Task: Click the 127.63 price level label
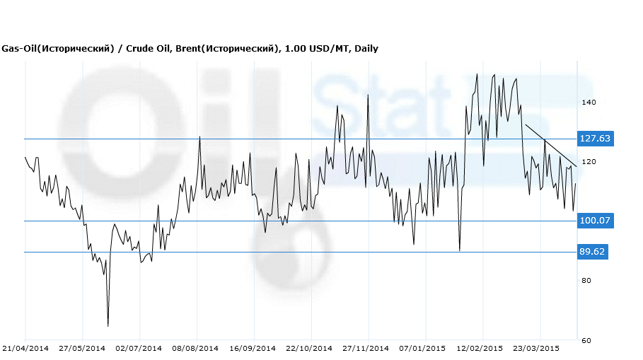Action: click(x=594, y=139)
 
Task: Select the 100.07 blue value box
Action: click(x=594, y=221)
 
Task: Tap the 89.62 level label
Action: click(x=593, y=252)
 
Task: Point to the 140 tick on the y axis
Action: click(x=589, y=103)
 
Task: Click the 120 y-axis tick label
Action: click(x=589, y=162)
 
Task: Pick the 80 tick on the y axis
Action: click(x=586, y=281)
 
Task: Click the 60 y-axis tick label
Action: click(x=586, y=340)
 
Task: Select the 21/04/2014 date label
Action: click(x=25, y=348)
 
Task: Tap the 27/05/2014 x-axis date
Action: click(x=82, y=348)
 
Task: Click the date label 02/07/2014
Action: click(x=139, y=348)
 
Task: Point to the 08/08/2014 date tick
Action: click(x=197, y=348)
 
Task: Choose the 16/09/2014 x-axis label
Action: click(x=253, y=348)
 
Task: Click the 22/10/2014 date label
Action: click(x=309, y=348)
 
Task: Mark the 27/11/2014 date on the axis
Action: click(x=366, y=348)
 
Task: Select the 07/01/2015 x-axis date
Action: click(x=423, y=348)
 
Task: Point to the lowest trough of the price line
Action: click(x=108, y=325)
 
